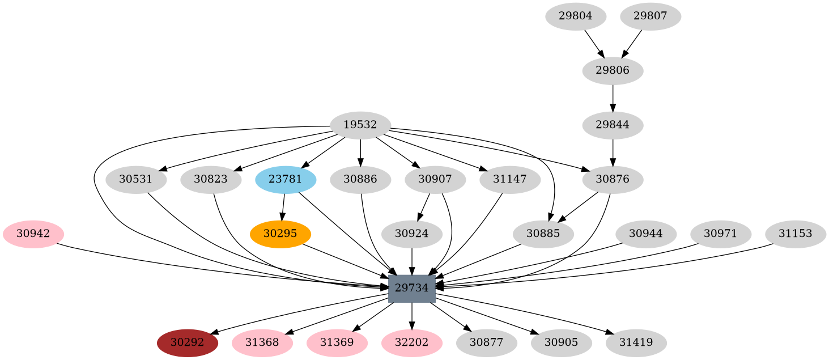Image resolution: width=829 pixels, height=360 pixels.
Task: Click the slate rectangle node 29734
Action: pyautogui.click(x=412, y=288)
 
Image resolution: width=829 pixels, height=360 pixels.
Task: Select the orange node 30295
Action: pyautogui.click(x=280, y=234)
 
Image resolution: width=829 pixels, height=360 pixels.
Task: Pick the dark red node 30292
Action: pyautogui.click(x=188, y=342)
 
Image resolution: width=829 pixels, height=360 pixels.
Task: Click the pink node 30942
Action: pyautogui.click(x=33, y=234)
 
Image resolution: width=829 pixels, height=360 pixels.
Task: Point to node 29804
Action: pyautogui.click(x=576, y=16)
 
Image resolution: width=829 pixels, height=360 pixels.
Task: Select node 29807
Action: pyautogui.click(x=651, y=16)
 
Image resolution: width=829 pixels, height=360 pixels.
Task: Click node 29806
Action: pyautogui.click(x=613, y=71)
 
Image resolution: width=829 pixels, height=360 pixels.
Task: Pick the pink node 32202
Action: pyautogui.click(x=412, y=342)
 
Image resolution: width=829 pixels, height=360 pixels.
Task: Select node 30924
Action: pyautogui.click(x=412, y=234)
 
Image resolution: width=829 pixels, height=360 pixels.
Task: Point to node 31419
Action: pyautogui.click(x=636, y=342)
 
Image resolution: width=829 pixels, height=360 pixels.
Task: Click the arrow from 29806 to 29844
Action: pyautogui.click(x=613, y=98)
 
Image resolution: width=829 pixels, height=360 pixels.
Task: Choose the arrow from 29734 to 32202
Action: pyautogui.click(x=412, y=315)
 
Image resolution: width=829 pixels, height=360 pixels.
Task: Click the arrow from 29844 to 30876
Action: pyautogui.click(x=613, y=153)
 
